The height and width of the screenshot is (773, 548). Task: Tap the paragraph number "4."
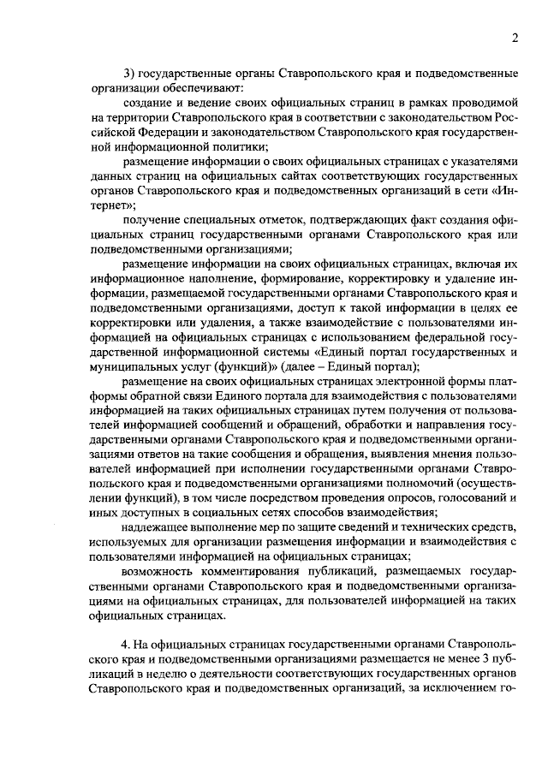127,642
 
